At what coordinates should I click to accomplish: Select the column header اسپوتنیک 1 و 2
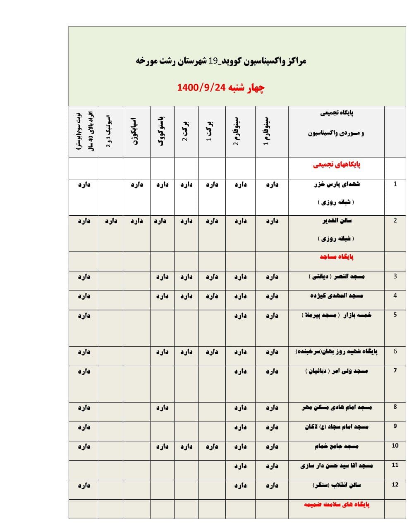[x=109, y=132]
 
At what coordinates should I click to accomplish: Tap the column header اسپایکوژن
[x=136, y=132]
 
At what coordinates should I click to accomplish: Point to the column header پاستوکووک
[x=162, y=132]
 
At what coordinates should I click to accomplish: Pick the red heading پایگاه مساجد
[x=336, y=257]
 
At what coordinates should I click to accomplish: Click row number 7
[x=395, y=370]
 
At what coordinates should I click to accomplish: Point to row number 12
[x=395, y=484]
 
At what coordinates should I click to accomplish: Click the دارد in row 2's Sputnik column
[x=111, y=221]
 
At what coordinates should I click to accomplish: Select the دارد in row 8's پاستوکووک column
[x=162, y=408]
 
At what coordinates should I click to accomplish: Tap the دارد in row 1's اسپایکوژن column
[x=136, y=185]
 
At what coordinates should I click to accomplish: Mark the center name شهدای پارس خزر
[x=337, y=184]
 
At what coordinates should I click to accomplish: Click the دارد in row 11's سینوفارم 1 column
[x=272, y=466]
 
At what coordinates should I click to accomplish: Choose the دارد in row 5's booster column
[x=84, y=316]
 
